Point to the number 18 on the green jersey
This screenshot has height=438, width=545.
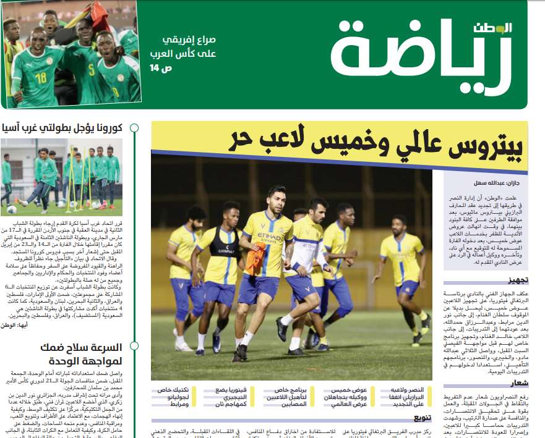(x=41, y=78)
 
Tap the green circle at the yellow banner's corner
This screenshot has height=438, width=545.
(x=157, y=128)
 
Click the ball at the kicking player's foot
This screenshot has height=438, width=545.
(x=12, y=209)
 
